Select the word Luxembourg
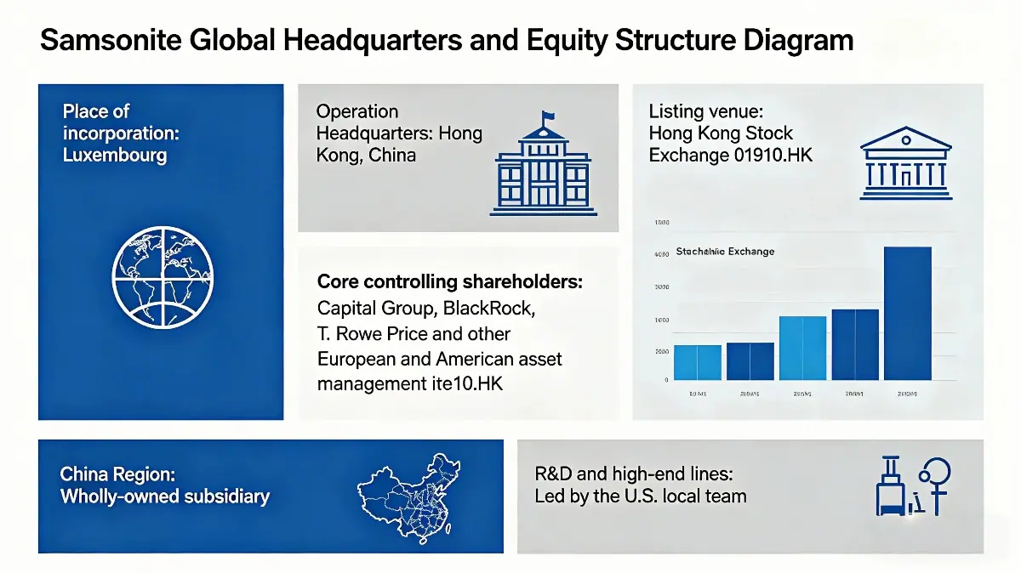point(115,156)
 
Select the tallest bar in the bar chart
point(908,313)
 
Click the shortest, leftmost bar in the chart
point(697,362)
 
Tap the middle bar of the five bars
point(802,348)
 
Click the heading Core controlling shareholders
point(450,282)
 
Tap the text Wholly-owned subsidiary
point(164,496)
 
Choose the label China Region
point(117,474)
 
